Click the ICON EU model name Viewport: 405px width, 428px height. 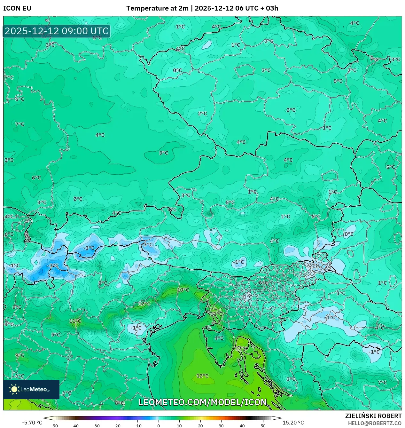pyautogui.click(x=17, y=8)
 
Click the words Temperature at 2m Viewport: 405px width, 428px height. pyautogui.click(x=157, y=8)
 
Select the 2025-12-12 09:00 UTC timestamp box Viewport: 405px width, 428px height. pyautogui.click(x=57, y=31)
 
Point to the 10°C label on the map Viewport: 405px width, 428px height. pyautogui.click(x=183, y=290)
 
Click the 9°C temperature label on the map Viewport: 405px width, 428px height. pyautogui.click(x=19, y=355)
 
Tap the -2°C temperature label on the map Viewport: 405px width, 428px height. pyautogui.click(x=314, y=266)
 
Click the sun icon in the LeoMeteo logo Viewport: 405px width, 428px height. pyautogui.click(x=14, y=389)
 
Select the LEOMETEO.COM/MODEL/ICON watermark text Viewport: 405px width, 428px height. pyautogui.click(x=203, y=402)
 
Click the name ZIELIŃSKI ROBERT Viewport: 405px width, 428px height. pyautogui.click(x=373, y=416)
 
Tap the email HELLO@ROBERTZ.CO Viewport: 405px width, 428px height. pyautogui.click(x=375, y=423)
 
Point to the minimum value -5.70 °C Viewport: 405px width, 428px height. pyautogui.click(x=32, y=423)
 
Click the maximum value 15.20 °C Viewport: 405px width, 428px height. pyautogui.click(x=293, y=423)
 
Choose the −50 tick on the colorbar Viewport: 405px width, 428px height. pyautogui.click(x=54, y=426)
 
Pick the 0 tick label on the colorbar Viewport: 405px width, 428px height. pyautogui.click(x=159, y=426)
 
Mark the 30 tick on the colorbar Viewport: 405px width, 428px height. pyautogui.click(x=221, y=426)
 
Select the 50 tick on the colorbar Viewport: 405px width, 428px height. pyautogui.click(x=263, y=426)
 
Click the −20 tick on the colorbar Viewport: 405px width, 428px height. pyautogui.click(x=117, y=426)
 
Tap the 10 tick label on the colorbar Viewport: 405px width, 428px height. pyautogui.click(x=179, y=426)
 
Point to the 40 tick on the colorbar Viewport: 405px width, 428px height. pyautogui.click(x=242, y=426)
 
